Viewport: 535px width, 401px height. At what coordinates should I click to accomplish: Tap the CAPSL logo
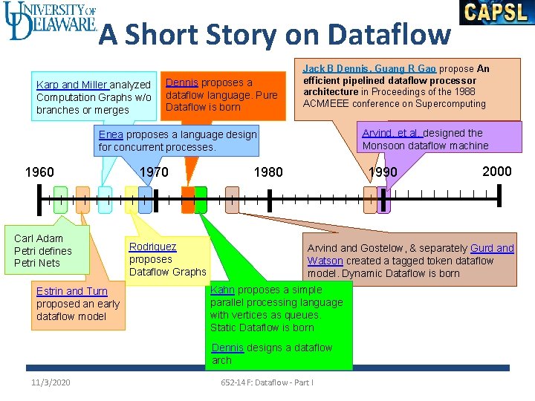tap(496, 13)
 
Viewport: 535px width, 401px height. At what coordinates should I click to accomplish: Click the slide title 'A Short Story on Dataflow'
tap(275, 34)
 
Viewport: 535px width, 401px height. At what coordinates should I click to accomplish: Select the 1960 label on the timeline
tap(39, 172)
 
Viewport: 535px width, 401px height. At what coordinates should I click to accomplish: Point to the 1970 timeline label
tap(154, 172)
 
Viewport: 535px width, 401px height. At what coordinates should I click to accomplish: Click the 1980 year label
tap(268, 172)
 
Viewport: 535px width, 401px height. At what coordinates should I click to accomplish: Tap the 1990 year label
tap(383, 172)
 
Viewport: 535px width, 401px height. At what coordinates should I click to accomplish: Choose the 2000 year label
tap(496, 172)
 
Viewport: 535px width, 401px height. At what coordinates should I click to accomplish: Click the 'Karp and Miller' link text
tap(73, 85)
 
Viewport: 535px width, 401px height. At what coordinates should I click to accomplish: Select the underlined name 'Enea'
tap(111, 134)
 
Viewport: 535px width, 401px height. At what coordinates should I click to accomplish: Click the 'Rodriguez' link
tap(152, 247)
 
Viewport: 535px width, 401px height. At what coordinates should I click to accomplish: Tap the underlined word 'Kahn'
tap(222, 290)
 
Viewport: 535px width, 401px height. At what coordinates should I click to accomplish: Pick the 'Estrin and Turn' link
tap(72, 291)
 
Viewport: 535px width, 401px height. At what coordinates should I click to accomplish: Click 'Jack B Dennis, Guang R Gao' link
tap(369, 68)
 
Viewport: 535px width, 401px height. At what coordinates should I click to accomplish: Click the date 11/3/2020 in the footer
tap(51, 382)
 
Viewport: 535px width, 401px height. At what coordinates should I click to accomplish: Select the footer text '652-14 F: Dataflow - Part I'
tap(267, 382)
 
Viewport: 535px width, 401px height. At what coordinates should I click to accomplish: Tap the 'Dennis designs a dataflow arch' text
tap(271, 353)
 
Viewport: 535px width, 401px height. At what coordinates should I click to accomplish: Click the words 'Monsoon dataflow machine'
tap(425, 146)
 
